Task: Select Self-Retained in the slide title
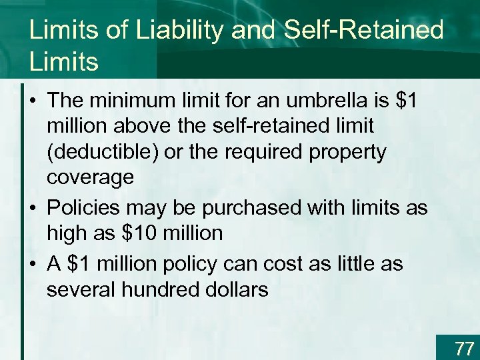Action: click(363, 31)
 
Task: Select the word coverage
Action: click(90, 177)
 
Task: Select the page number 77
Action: click(464, 348)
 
